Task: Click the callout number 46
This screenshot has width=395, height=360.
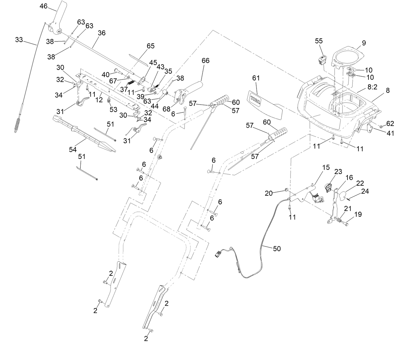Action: click(x=44, y=6)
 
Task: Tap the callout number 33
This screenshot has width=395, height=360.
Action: click(x=19, y=40)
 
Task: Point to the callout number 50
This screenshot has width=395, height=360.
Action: click(x=277, y=248)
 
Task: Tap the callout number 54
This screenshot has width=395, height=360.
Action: click(x=73, y=150)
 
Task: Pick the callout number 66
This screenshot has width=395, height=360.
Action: click(x=205, y=61)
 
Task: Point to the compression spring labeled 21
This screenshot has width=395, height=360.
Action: click(x=338, y=221)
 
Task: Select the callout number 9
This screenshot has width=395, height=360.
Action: click(x=364, y=43)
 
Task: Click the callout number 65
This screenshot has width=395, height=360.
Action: click(x=151, y=46)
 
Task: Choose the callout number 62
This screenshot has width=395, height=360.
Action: click(x=390, y=123)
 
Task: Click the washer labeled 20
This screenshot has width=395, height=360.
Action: click(x=287, y=190)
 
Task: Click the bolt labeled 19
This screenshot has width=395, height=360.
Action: click(x=345, y=224)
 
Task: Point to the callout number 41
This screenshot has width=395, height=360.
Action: click(x=390, y=133)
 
